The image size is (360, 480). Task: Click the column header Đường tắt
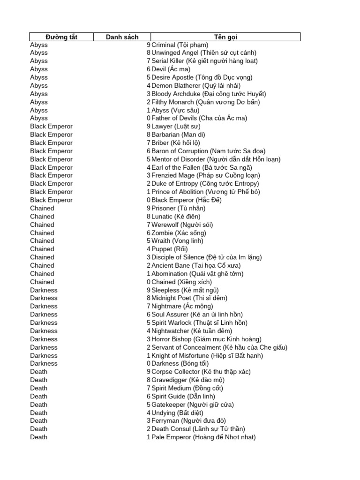pyautogui.click(x=61, y=37)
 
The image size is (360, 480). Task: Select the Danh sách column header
pyautogui.click(x=122, y=37)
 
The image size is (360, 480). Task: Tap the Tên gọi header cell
pyautogui.click(x=225, y=37)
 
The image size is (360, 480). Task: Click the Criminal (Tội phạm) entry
pyautogui.click(x=180, y=45)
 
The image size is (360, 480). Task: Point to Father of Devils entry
pyautogui.click(x=199, y=118)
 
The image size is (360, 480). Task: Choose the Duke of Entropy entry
pyautogui.click(x=205, y=184)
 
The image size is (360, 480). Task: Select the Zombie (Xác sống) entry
pyautogui.click(x=179, y=233)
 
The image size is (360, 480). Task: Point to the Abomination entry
pyautogui.click(x=198, y=274)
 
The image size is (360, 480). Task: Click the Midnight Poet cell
pyautogui.click(x=189, y=298)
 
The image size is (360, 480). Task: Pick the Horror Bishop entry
pyautogui.click(x=207, y=339)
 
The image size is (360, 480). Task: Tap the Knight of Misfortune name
pyautogui.click(x=207, y=355)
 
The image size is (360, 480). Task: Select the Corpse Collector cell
pyautogui.click(x=201, y=372)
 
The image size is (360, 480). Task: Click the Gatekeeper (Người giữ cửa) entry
pyautogui.click(x=193, y=405)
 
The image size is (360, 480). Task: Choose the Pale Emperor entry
pyautogui.click(x=203, y=437)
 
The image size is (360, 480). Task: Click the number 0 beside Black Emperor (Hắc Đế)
pyautogui.click(x=149, y=200)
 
